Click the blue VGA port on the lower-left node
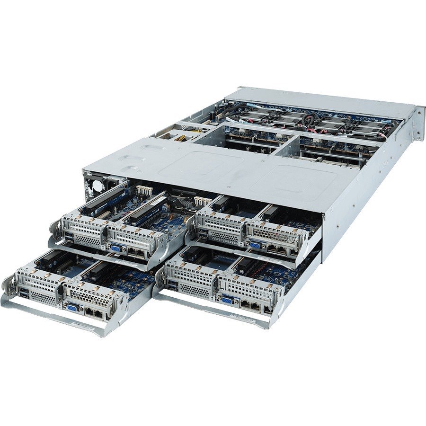[x=73, y=307]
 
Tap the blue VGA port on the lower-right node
[x=227, y=299]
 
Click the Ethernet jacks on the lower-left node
[x=93, y=313]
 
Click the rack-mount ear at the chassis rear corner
[x=419, y=124]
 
